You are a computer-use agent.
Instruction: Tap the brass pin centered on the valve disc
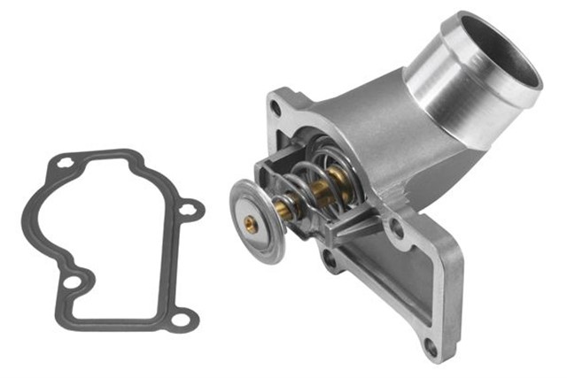[252, 225]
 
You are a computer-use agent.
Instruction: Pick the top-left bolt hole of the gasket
[65, 162]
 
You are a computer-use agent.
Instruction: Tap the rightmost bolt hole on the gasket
[188, 210]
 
